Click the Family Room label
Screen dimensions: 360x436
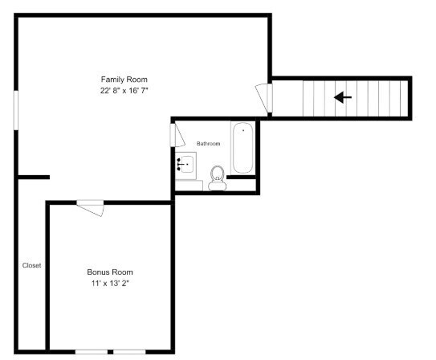click(124, 79)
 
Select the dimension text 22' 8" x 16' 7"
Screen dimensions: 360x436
click(124, 91)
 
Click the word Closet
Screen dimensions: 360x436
click(31, 265)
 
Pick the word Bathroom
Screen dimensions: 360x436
click(209, 143)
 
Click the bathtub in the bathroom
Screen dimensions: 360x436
click(243, 148)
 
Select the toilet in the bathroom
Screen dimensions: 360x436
click(217, 175)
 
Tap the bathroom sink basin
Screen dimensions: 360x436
click(187, 164)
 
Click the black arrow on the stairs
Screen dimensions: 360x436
click(343, 97)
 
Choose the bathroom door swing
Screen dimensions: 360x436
click(176, 134)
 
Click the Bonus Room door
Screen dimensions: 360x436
click(91, 207)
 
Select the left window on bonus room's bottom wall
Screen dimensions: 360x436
click(92, 352)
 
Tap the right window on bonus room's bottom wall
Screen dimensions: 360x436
click(129, 352)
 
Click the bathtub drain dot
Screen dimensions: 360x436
click(243, 129)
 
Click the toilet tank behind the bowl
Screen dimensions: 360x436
click(217, 186)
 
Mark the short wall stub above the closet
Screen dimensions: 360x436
click(35, 177)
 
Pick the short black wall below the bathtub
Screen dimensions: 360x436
click(243, 178)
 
